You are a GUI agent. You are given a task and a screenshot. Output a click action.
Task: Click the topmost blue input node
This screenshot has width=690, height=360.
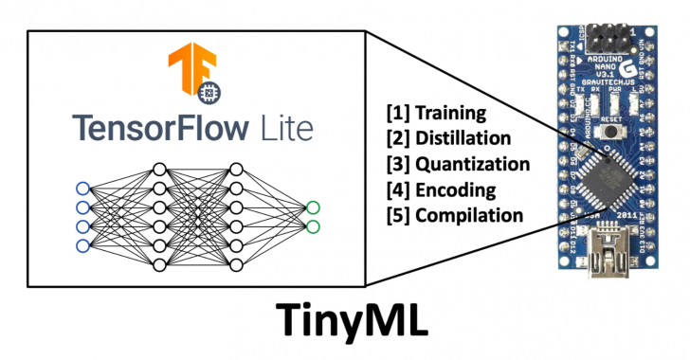tap(82, 187)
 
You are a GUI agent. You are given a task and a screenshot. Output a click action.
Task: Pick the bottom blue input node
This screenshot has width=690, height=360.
tap(82, 246)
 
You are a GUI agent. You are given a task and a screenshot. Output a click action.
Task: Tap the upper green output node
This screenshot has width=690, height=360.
tap(313, 207)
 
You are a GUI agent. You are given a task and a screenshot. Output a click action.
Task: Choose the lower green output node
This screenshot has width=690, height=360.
tap(313, 226)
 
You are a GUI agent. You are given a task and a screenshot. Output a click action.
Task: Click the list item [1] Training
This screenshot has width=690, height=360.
tap(435, 114)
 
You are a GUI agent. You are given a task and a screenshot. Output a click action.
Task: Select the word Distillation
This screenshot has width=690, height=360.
tap(471, 139)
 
